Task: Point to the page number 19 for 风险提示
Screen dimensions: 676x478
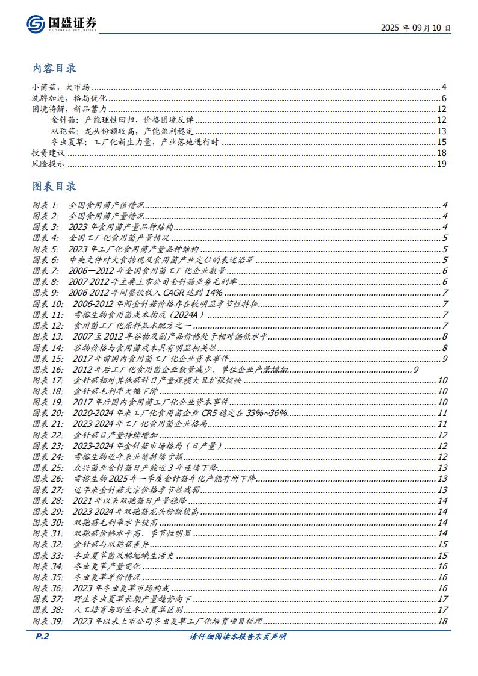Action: (441, 164)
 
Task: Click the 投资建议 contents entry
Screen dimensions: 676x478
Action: (48, 153)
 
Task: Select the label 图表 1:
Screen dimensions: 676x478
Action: (46, 205)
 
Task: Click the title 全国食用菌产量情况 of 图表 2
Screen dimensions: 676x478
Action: (106, 216)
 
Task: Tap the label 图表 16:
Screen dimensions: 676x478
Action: (48, 369)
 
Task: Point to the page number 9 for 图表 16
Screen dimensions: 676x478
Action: (416, 369)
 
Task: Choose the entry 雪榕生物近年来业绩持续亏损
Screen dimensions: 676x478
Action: (123, 456)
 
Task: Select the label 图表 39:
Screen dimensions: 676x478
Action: (48, 621)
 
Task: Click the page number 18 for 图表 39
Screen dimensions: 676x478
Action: (443, 621)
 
